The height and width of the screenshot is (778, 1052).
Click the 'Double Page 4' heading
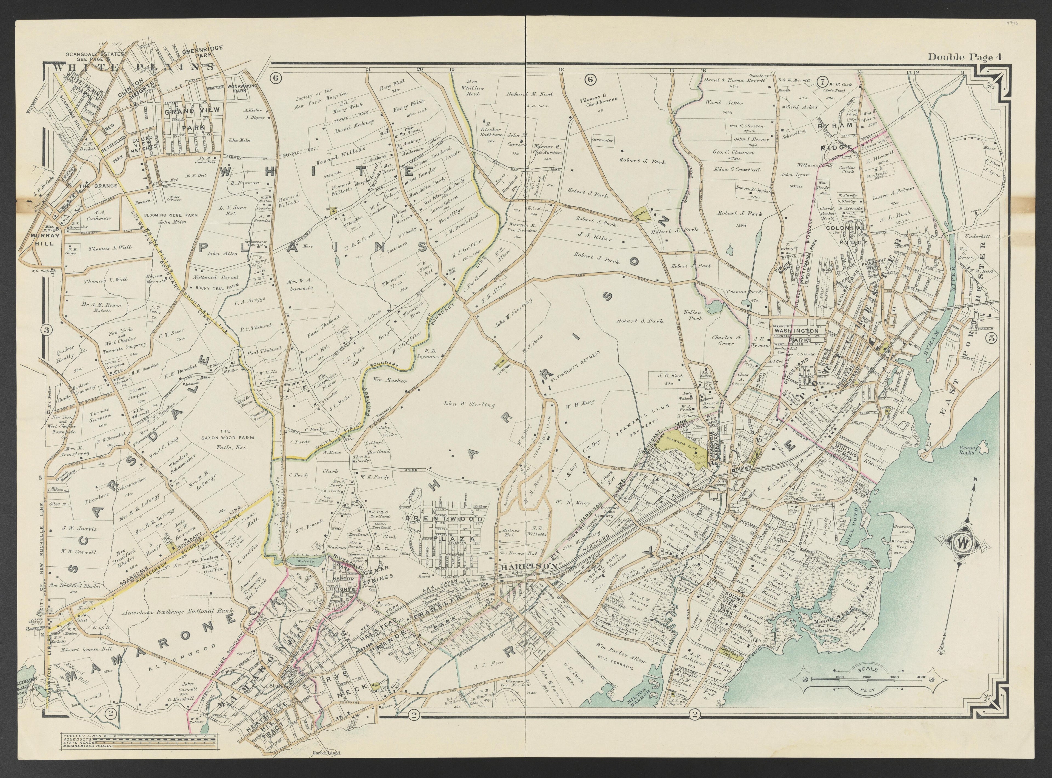tap(965, 57)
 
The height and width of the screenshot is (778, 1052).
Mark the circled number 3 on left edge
tap(47, 330)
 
